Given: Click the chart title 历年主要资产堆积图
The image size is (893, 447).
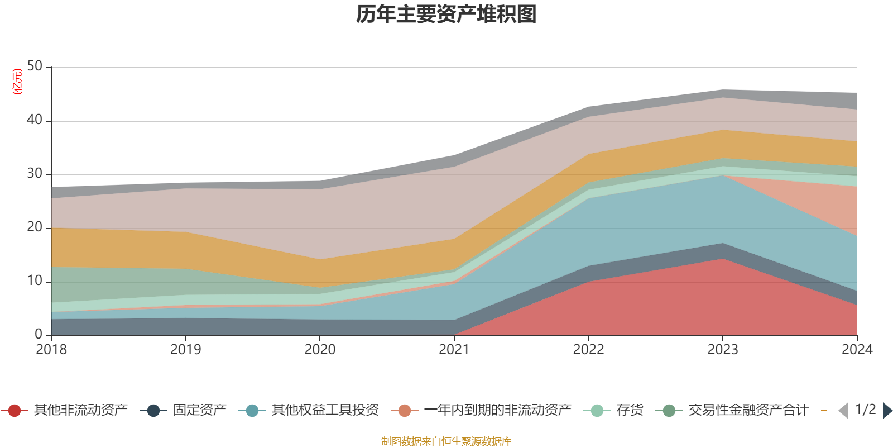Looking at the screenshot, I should (x=446, y=15).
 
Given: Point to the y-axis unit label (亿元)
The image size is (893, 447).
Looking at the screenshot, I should (x=18, y=82).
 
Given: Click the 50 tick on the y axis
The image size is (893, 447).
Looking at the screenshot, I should (x=35, y=66).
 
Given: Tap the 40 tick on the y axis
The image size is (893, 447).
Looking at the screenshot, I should (x=35, y=120).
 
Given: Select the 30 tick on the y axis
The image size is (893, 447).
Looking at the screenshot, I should (x=35, y=174).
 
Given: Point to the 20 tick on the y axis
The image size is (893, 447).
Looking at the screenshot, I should (x=35, y=227).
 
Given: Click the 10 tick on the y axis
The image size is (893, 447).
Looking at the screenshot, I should (x=35, y=281).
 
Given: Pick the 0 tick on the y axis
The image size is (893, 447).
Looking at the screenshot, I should (x=39, y=335).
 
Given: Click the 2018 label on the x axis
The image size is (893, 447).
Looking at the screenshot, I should (x=51, y=350).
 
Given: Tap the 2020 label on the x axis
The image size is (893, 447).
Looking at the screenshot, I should (x=320, y=350).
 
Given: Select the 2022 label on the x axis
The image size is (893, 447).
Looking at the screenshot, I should (x=588, y=350).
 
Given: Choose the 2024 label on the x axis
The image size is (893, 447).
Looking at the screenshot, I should (x=857, y=350).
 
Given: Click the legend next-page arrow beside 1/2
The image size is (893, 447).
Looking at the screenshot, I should (x=887, y=411).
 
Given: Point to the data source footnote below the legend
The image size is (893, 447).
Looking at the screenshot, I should (x=446, y=441).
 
